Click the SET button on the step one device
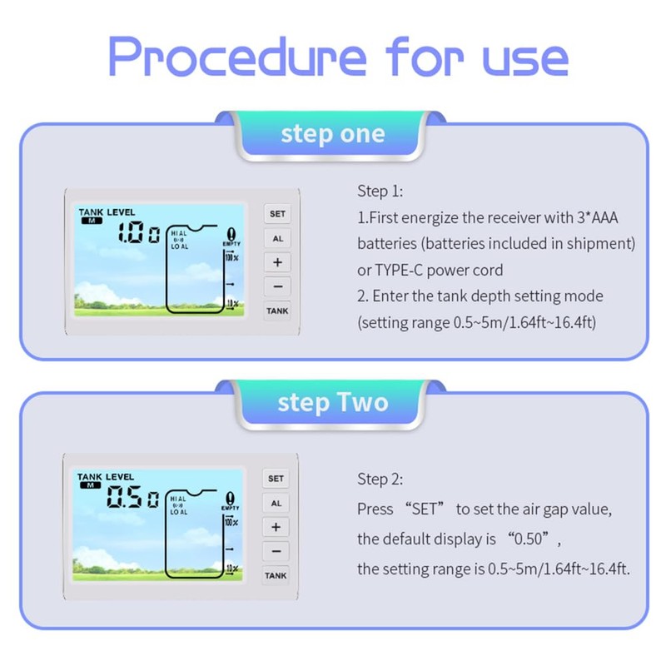pyautogui.click(x=277, y=214)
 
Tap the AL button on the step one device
pyautogui.click(x=277, y=238)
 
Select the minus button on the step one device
pyautogui.click(x=277, y=286)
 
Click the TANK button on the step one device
pyautogui.click(x=277, y=311)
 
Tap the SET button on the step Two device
pyautogui.click(x=276, y=479)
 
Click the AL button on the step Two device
pyautogui.click(x=276, y=503)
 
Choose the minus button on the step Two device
pyautogui.click(x=276, y=551)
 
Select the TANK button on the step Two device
pyautogui.click(x=276, y=575)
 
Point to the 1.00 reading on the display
pyautogui.click(x=138, y=235)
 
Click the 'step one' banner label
pyautogui.click(x=333, y=134)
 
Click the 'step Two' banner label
pyautogui.click(x=333, y=403)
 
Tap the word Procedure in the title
pyautogui.click(x=237, y=57)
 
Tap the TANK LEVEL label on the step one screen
pyautogui.click(x=107, y=212)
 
